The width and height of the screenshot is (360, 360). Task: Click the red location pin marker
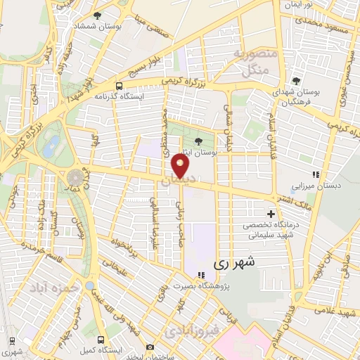181,167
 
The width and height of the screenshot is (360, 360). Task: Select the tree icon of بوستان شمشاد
97,15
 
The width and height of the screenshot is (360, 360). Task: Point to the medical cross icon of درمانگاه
270,213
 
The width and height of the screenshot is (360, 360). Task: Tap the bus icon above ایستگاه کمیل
101,337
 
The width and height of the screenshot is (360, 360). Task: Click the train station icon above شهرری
11,340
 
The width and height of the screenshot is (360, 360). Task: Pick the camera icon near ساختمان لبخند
149,347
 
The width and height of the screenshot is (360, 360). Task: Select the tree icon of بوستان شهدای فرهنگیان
297,81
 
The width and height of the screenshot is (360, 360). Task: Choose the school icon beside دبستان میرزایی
316,174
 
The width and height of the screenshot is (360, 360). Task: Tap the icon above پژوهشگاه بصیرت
201,275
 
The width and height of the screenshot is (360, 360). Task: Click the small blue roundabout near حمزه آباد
90,287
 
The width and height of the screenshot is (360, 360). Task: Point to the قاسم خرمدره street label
39,249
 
